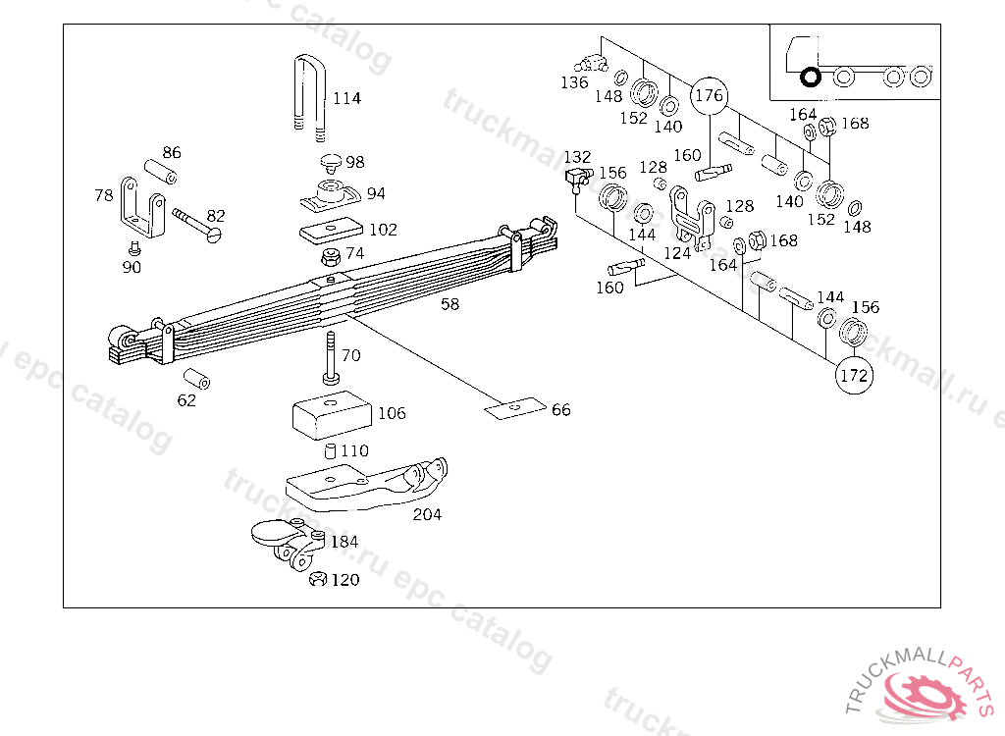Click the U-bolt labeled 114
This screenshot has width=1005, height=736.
click(x=308, y=93)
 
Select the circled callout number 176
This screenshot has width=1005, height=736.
click(x=709, y=96)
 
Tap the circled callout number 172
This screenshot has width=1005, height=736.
click(x=855, y=375)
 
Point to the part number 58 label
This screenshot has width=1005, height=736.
click(x=450, y=304)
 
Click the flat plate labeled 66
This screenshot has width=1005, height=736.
click(x=514, y=407)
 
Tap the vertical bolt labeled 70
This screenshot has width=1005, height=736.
click(x=329, y=359)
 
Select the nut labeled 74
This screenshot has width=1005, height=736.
click(x=332, y=257)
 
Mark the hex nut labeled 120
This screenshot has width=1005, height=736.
click(x=317, y=580)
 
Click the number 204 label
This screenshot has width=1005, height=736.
click(x=427, y=514)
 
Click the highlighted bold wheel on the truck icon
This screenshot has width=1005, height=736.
click(x=811, y=76)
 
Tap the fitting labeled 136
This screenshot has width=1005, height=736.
click(x=592, y=64)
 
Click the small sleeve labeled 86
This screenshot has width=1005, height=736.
click(x=160, y=171)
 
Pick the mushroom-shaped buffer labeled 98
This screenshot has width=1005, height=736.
click(x=330, y=161)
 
